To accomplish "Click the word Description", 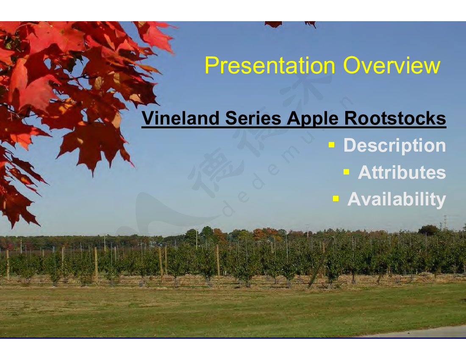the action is point(395,146).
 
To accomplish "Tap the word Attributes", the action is point(402,172).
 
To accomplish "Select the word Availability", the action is point(397,199).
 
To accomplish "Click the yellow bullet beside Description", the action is point(332,145).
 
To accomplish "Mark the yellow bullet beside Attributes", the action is point(346,172).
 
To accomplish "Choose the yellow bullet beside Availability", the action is point(336,198).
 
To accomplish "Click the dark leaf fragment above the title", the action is point(273,24).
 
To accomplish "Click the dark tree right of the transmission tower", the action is point(428,230).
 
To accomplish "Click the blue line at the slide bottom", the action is point(233,338).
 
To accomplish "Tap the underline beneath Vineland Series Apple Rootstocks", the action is point(294,127).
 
